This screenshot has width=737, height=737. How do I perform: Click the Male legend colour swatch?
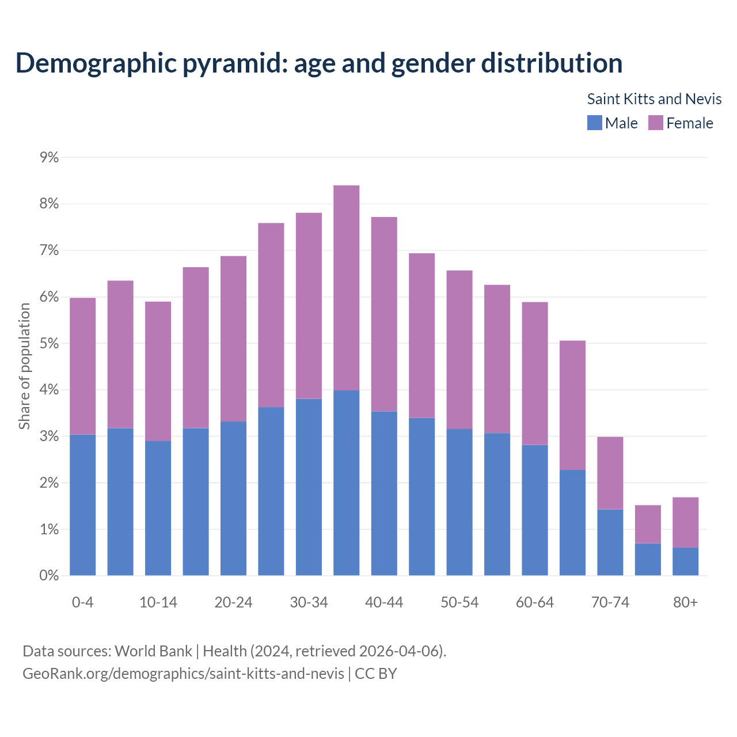[x=594, y=123]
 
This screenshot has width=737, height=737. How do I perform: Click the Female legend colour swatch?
[x=655, y=123]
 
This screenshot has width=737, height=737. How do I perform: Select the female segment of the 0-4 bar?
[x=82, y=366]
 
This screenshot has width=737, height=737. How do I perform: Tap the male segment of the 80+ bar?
[x=685, y=561]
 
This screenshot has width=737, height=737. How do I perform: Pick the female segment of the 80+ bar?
[x=685, y=522]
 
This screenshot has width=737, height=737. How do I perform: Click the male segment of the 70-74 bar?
[x=610, y=542]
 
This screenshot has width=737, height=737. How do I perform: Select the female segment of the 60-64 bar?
[x=534, y=374]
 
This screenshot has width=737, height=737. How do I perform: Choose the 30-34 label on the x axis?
[x=309, y=602]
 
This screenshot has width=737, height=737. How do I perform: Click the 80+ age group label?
[x=685, y=602]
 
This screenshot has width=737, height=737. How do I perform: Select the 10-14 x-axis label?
[x=158, y=602]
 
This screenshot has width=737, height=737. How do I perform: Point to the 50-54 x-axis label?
[x=459, y=602]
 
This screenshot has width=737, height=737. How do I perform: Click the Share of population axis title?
[x=24, y=366]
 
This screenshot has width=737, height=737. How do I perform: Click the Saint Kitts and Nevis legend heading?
[x=654, y=99]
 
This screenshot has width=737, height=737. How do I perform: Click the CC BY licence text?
[x=375, y=674]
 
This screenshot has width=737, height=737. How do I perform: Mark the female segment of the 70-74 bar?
[x=610, y=473]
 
